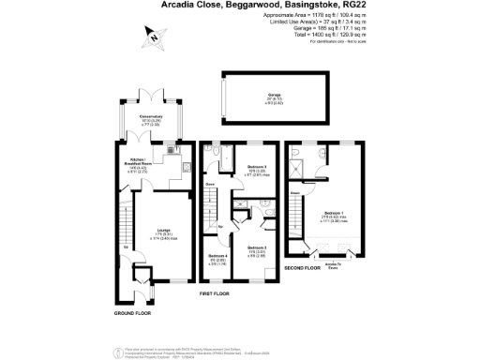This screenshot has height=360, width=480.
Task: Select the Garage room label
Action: click(x=275, y=96)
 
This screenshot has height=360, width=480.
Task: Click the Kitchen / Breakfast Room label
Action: click(x=141, y=162)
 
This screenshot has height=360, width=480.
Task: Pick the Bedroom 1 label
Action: click(x=333, y=213)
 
